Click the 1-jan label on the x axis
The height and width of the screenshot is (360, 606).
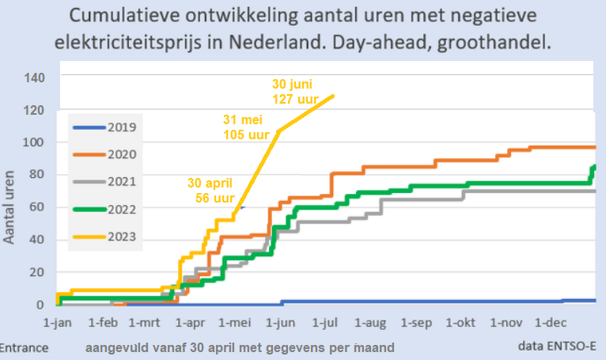[x=58, y=323]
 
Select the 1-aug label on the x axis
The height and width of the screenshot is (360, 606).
[x=369, y=323]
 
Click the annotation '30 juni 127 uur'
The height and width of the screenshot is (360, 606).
[x=294, y=90]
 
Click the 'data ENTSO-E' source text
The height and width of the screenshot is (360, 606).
[x=556, y=347]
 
